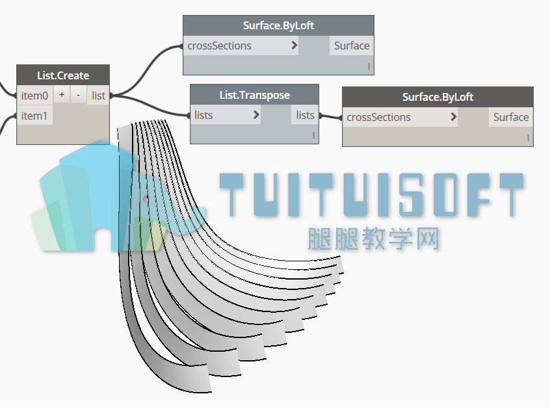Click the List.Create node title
click(63, 75)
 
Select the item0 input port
click(34, 96)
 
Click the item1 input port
click(34, 116)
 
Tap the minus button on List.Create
click(78, 95)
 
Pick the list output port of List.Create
click(99, 96)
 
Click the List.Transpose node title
click(254, 95)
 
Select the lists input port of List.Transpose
click(203, 115)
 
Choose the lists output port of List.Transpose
click(305, 115)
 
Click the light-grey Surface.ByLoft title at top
click(278, 25)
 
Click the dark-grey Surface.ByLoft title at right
click(438, 97)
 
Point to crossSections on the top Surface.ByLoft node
click(219, 46)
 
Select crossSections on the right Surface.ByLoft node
click(378, 117)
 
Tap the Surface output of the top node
click(352, 46)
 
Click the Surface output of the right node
click(511, 117)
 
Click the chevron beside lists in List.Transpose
click(256, 114)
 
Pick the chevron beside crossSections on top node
click(295, 45)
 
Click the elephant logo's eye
click(146, 200)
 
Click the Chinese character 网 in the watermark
click(427, 239)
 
